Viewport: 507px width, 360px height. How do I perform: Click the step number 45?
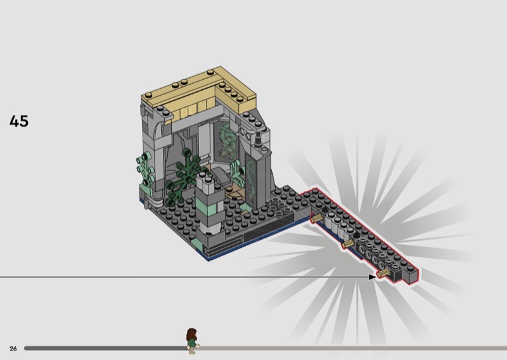pos(19,121)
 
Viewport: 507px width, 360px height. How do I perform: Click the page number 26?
pos(13,349)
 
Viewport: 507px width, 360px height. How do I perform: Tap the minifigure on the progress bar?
pos(192,341)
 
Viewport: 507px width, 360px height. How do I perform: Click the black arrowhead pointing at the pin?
pos(372,277)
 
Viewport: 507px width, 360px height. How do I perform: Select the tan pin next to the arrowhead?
pos(383,274)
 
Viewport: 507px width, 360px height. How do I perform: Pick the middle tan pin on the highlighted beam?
pos(349,244)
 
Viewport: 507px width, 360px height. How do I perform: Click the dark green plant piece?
pos(184,176)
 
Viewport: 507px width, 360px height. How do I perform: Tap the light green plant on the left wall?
pos(145,169)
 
